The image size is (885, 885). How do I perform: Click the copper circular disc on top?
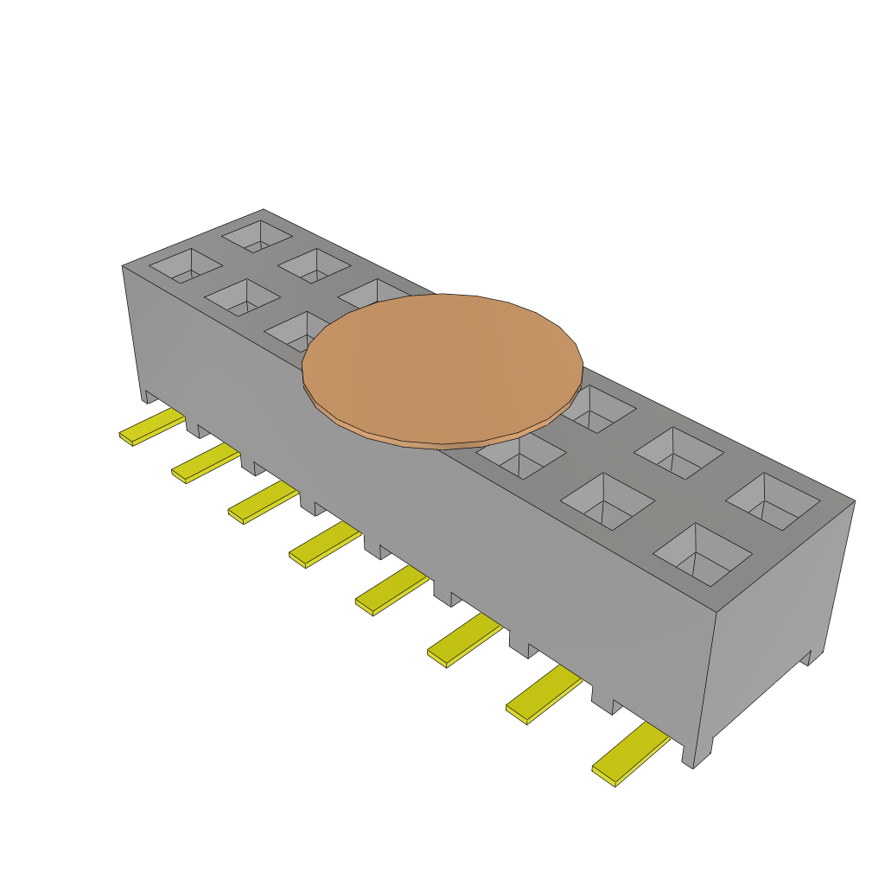(442, 367)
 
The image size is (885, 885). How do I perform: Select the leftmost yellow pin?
(151, 427)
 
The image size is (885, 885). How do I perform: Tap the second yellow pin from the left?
(205, 464)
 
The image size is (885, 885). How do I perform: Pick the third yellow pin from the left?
(263, 503)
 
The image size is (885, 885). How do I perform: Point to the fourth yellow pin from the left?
(324, 544)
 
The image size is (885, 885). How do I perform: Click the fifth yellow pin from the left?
(391, 591)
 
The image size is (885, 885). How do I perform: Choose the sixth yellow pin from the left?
(463, 641)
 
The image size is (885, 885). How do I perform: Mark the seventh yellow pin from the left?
(543, 695)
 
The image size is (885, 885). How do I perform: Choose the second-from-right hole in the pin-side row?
(608, 502)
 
